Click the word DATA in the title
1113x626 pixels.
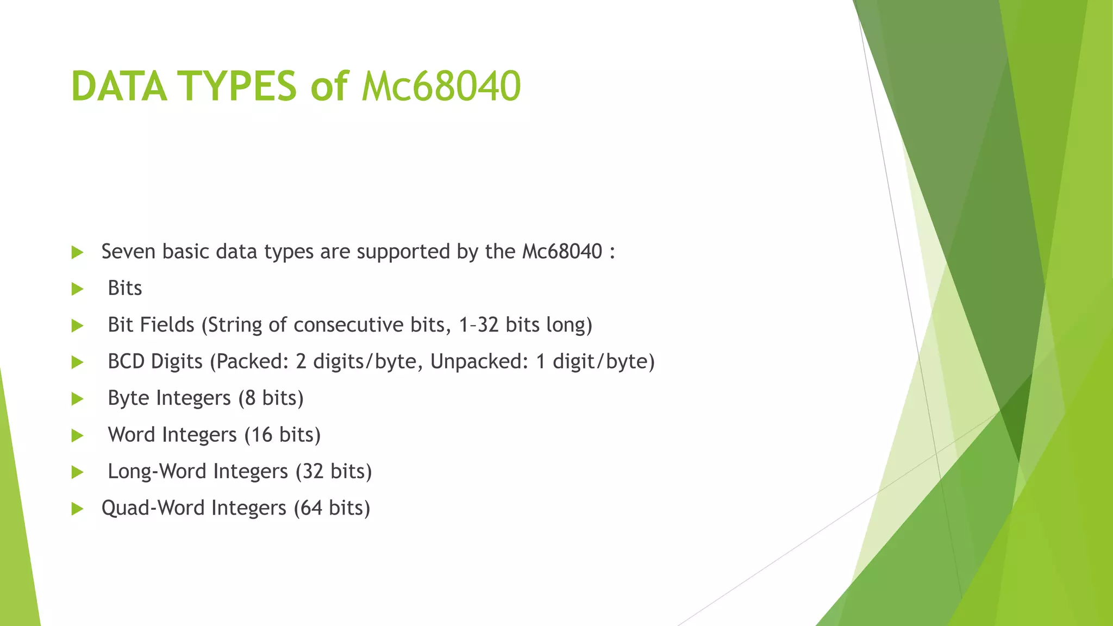tap(119, 86)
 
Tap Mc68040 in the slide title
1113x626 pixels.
tap(441, 86)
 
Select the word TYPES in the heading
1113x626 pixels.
tap(237, 86)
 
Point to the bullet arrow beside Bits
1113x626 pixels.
tap(77, 289)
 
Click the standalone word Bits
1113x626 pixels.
tap(124, 288)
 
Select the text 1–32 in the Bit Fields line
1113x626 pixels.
tap(478, 324)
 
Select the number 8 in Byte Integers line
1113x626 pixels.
tap(250, 398)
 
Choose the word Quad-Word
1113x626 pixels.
tap(153, 508)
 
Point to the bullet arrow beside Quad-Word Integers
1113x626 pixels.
tap(77, 509)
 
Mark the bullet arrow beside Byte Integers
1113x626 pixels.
tap(77, 399)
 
